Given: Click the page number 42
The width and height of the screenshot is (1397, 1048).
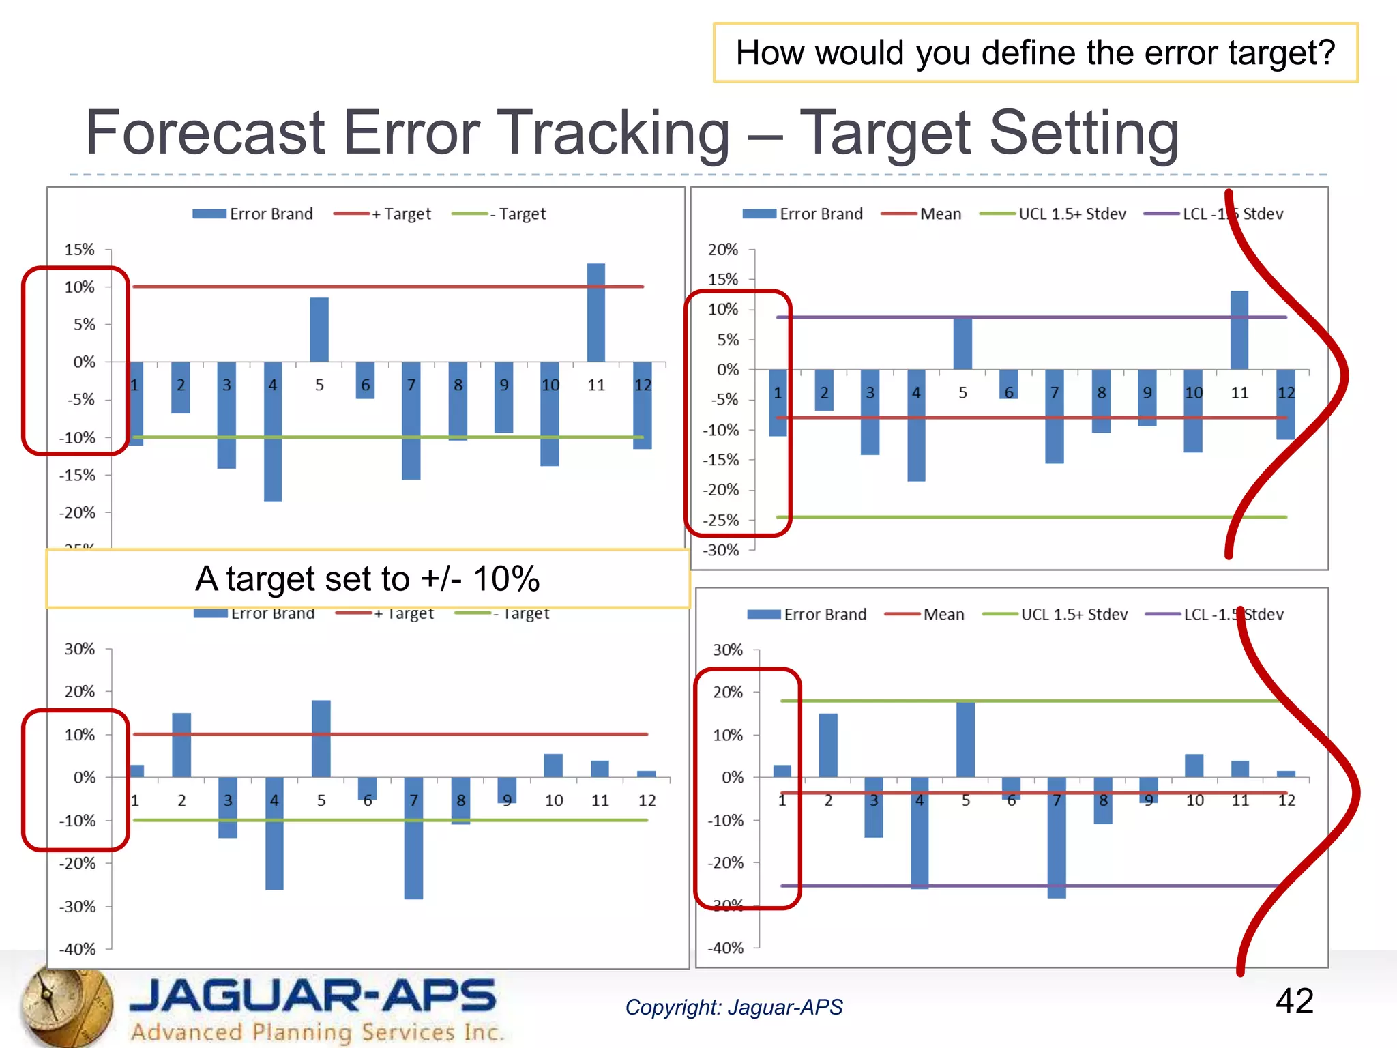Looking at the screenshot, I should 1294,1001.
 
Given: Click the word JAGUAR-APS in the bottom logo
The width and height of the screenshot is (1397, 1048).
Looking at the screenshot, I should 312,995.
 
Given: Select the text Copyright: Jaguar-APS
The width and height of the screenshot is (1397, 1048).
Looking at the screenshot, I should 734,1007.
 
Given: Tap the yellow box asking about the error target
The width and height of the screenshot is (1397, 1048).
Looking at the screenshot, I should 1035,53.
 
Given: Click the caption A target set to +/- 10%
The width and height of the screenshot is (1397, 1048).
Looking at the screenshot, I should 367,579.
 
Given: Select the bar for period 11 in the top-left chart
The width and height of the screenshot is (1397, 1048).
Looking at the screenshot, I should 595,312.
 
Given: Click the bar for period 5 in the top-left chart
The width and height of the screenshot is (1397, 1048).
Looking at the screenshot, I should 319,330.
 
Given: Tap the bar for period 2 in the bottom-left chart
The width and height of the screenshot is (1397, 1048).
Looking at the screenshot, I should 181,745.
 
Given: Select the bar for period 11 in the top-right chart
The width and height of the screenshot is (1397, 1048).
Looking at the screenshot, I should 1239,330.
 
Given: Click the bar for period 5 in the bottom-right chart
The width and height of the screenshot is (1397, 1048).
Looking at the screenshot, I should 965,739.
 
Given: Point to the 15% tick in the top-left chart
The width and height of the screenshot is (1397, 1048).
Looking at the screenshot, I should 80,250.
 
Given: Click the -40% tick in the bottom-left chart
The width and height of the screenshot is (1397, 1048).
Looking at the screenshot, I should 78,949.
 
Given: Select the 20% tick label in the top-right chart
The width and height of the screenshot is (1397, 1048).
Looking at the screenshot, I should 723,250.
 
